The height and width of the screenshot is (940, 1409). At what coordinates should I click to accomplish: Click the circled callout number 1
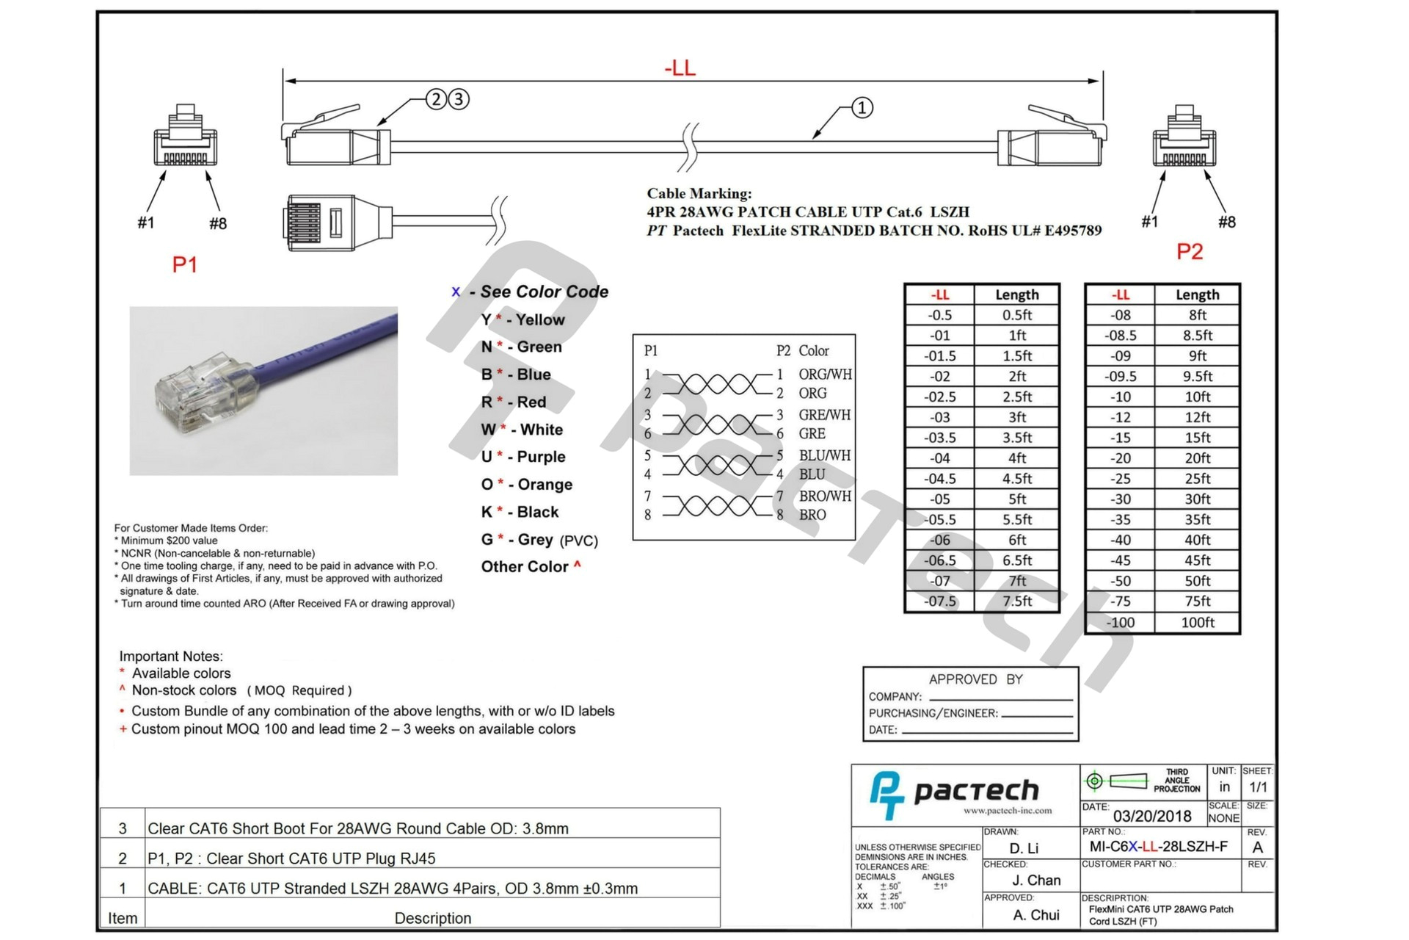(x=862, y=108)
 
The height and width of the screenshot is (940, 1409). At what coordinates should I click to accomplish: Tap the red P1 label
(x=184, y=264)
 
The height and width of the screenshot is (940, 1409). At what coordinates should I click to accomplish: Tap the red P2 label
(x=1190, y=252)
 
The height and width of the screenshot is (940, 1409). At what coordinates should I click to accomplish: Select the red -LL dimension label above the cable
(x=680, y=68)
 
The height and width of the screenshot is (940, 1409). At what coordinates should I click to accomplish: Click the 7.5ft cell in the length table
(x=1016, y=601)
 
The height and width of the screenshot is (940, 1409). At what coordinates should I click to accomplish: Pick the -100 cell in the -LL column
(x=1120, y=622)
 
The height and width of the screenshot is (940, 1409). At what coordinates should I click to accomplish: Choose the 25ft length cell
(x=1197, y=478)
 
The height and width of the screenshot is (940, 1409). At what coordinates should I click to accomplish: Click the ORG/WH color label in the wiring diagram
(x=825, y=374)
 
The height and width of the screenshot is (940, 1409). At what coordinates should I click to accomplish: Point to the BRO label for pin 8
(x=812, y=515)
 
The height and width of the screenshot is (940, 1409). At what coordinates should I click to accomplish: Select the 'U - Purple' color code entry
(x=523, y=457)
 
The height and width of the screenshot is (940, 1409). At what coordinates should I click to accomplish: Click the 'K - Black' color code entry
(x=520, y=512)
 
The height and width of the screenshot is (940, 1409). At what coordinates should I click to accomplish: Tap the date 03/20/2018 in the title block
(x=1152, y=816)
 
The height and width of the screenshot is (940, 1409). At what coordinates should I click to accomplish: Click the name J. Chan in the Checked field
(x=1036, y=880)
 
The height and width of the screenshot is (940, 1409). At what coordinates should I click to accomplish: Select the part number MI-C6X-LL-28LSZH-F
(x=1158, y=846)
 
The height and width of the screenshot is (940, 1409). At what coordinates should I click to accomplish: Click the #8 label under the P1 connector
(x=217, y=223)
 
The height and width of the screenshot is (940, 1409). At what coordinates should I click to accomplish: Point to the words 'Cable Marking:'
(x=699, y=193)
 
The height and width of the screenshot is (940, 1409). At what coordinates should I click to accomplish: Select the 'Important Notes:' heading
(x=171, y=656)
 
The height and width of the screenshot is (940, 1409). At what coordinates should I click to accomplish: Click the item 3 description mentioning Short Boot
(x=358, y=828)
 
